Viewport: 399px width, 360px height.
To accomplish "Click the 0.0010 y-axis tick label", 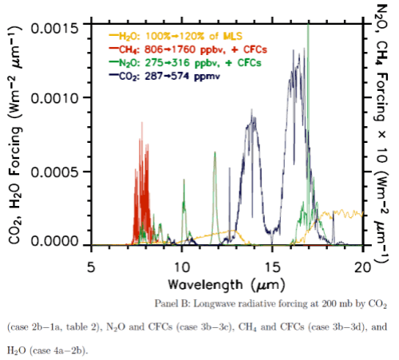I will click(x=56, y=99).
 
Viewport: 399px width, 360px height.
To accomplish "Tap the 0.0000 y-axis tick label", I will click(x=56, y=241).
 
